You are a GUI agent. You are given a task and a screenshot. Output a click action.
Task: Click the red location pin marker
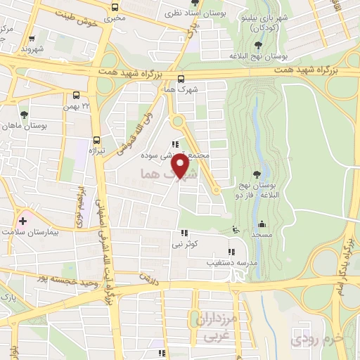181,165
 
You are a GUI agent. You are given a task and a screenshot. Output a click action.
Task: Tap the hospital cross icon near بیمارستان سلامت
22,221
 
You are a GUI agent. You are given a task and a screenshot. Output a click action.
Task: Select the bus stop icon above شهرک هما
181,79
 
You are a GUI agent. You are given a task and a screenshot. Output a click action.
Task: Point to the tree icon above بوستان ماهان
25,113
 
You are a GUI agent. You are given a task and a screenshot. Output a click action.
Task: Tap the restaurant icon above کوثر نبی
185,233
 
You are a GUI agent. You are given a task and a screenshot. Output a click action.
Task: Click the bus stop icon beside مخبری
115,8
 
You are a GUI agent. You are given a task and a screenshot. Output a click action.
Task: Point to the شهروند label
32,49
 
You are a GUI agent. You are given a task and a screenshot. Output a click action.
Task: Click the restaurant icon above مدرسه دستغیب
230,251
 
